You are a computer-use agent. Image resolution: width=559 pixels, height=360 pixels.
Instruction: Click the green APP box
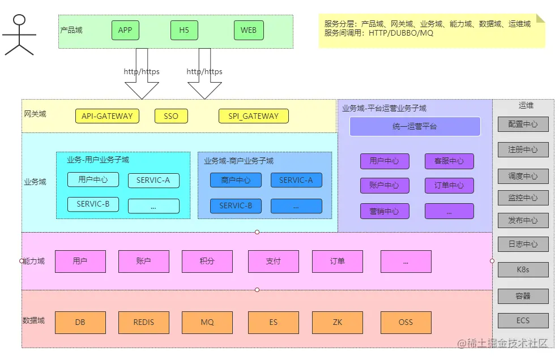click(x=125, y=30)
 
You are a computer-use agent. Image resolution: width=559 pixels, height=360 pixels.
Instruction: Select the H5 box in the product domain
click(x=184, y=30)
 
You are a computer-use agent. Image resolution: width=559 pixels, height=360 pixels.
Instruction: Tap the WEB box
click(x=249, y=30)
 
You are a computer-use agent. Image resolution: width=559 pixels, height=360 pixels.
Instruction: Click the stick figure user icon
click(x=19, y=35)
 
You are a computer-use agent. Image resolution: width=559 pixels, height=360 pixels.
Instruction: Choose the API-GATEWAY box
click(x=107, y=116)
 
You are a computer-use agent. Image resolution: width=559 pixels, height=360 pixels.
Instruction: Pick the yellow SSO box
click(x=171, y=116)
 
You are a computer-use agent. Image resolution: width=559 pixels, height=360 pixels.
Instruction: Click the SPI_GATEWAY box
click(x=254, y=116)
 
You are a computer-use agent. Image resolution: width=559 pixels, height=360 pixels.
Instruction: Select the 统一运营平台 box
click(x=415, y=127)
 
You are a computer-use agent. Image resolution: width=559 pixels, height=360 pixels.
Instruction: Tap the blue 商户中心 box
click(x=236, y=181)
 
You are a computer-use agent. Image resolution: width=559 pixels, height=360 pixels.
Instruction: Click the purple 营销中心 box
click(x=384, y=211)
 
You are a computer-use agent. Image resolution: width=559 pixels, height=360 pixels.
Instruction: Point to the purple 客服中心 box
click(x=449, y=161)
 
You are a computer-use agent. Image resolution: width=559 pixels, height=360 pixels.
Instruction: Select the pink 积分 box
click(x=207, y=262)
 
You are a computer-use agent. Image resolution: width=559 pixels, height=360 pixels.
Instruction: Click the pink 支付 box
click(x=273, y=262)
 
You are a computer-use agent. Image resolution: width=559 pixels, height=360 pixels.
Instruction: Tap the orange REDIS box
click(x=144, y=322)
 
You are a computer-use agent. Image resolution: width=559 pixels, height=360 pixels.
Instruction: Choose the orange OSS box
click(x=406, y=322)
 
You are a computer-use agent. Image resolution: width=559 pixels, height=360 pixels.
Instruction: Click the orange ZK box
click(x=337, y=322)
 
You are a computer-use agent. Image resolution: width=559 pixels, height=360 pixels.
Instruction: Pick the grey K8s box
click(x=523, y=269)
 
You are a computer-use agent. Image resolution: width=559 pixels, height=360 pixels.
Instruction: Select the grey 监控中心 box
click(x=523, y=198)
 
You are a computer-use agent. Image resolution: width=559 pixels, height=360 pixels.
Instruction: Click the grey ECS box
click(x=523, y=320)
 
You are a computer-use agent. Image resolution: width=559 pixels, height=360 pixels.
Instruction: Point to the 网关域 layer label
click(x=35, y=114)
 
